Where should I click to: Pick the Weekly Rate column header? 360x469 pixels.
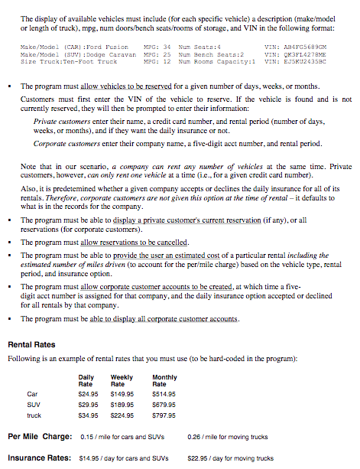point(122,380)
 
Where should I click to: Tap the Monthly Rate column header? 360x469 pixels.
point(164,380)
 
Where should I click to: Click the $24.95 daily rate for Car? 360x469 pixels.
point(89,393)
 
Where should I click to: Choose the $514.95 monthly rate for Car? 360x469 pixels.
point(164,393)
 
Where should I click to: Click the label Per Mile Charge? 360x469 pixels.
point(40,437)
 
